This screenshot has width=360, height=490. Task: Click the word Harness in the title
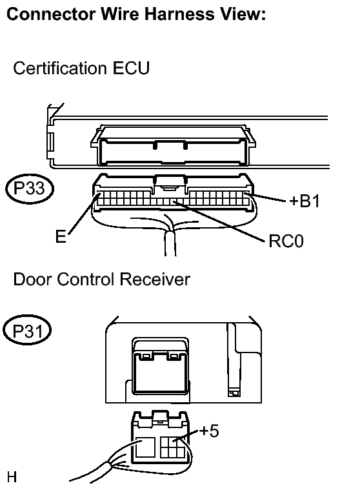tap(179, 14)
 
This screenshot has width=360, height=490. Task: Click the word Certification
tap(59, 68)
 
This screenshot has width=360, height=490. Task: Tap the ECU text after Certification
tap(131, 68)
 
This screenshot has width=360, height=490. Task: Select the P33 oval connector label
tap(30, 189)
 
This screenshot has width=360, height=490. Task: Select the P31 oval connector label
tap(27, 331)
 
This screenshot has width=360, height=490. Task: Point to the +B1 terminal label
tap(305, 201)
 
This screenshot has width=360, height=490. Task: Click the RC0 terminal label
tap(286, 241)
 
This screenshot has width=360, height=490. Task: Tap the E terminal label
tap(61, 236)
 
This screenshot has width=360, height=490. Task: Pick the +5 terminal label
tap(209, 431)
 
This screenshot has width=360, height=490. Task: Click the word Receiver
tap(155, 279)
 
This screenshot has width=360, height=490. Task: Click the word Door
tap(32, 279)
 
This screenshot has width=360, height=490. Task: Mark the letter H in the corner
tap(12, 478)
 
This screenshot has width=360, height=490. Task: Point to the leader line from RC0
tap(219, 221)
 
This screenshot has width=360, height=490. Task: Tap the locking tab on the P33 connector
tap(170, 183)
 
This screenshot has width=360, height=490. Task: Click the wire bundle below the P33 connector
tap(170, 243)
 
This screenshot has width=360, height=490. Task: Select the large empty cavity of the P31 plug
tap(146, 447)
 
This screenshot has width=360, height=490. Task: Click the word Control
tap(86, 279)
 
